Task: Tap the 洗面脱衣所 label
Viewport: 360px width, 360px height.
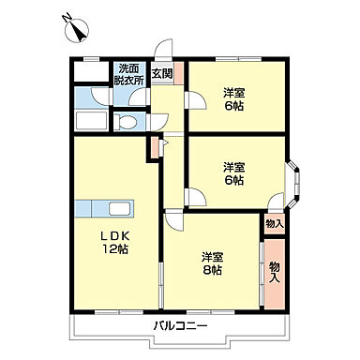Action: pos(129,74)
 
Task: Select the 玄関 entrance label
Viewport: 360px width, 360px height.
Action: pos(161,73)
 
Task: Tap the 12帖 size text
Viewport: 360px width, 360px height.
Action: pos(113,250)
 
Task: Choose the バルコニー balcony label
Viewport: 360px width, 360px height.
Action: pos(181,326)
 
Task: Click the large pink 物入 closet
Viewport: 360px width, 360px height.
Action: pos(274,272)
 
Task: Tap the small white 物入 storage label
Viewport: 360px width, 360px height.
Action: pos(273,224)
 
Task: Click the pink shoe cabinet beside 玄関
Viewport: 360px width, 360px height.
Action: pos(180,73)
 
